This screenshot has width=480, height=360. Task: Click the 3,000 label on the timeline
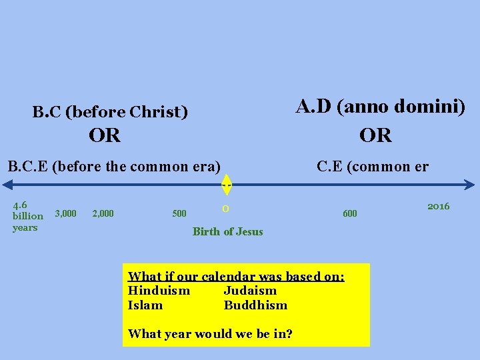pos(65,213)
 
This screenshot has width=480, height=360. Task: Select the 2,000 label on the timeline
pos(103,213)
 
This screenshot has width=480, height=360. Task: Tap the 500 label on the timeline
pos(179,213)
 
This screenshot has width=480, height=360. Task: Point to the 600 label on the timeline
pos(349,213)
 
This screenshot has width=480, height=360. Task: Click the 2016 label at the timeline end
pos(438,206)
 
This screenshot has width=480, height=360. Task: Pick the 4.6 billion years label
pos(27,215)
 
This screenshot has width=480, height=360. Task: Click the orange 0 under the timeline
pos(226,209)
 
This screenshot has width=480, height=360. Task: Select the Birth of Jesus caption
pos(227,232)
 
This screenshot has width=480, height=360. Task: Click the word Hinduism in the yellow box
pos(159,291)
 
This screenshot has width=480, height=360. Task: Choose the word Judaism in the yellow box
pos(250,291)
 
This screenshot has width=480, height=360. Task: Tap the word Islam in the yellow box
pos(145,305)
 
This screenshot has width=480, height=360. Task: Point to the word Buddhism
pos(255,305)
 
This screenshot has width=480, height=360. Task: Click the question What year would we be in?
pos(210,334)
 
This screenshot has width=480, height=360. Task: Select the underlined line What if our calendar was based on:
pos(236,276)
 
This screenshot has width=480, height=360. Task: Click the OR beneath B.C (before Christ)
pos(105,136)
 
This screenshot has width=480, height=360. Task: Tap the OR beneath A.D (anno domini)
pos(375,136)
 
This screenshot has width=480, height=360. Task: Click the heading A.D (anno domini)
pos(380,107)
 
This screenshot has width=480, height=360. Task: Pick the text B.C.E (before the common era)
pos(113,166)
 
